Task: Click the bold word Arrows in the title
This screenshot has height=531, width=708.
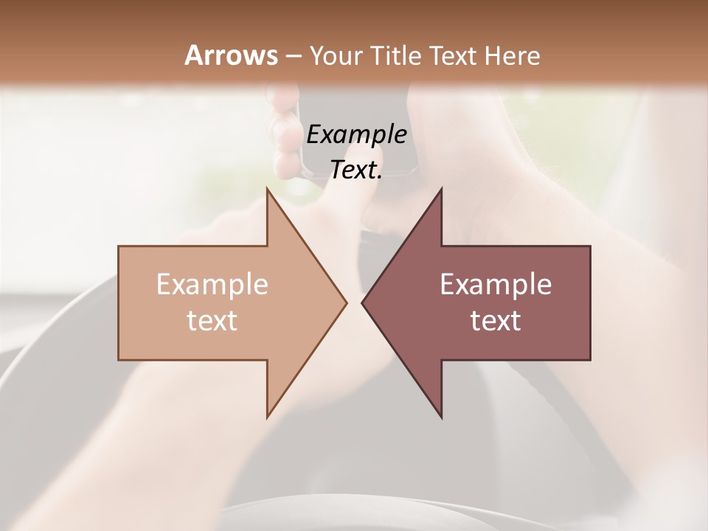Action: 231,55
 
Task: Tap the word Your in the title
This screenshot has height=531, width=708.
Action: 334,55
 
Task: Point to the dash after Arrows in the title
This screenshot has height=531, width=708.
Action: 293,56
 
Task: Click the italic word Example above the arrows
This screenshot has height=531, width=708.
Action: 357,134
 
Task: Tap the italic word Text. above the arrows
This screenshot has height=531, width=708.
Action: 357,170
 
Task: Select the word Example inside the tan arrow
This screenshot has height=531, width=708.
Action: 212,285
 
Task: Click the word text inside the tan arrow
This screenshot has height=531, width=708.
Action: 212,320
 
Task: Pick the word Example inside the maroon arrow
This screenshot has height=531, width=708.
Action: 496,285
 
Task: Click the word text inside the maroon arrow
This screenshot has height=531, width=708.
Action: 496,320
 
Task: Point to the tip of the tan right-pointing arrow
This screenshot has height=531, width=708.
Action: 345,302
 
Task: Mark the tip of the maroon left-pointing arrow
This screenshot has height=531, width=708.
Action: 364,302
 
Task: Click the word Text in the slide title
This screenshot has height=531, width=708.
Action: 455,55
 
